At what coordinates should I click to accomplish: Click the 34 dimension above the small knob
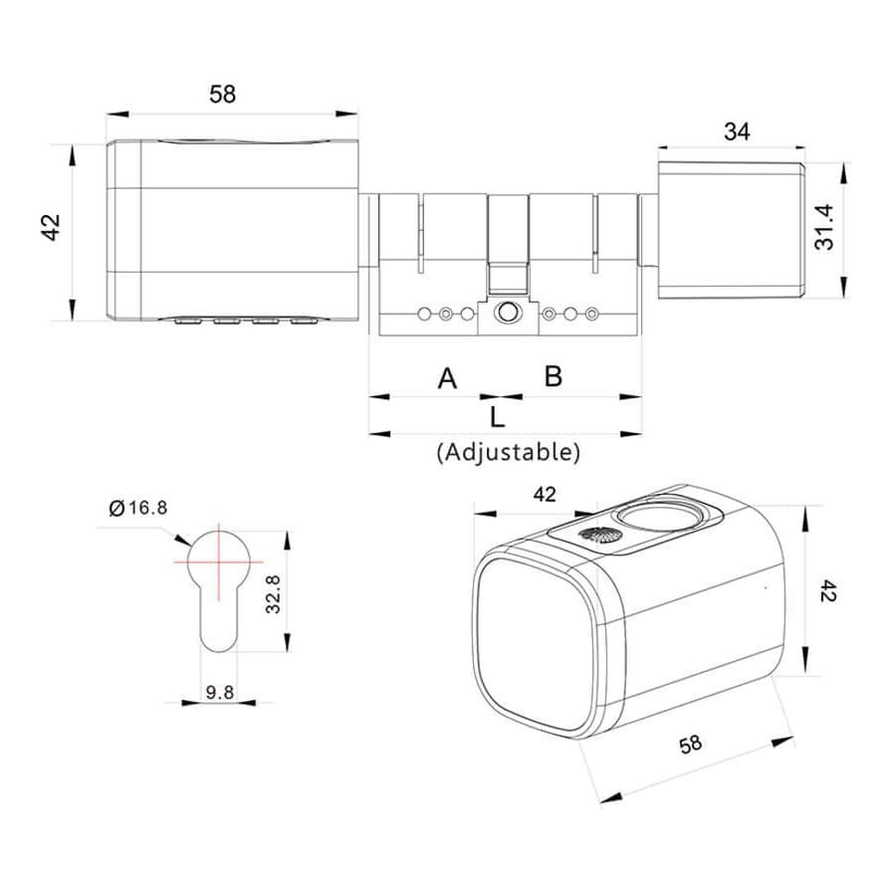coord(737,131)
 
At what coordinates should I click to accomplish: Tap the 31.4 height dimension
coord(823,227)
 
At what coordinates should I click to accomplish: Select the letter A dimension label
coord(447,378)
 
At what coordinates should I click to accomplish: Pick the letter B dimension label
coord(553,376)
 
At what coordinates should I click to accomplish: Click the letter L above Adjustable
coord(497,417)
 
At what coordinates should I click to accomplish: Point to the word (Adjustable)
coord(509,452)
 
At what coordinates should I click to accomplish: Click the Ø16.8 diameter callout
coord(138,508)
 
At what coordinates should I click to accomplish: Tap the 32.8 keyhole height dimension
coord(274,594)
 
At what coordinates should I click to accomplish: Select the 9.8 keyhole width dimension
coord(220,693)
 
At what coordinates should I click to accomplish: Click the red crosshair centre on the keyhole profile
coord(219,561)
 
